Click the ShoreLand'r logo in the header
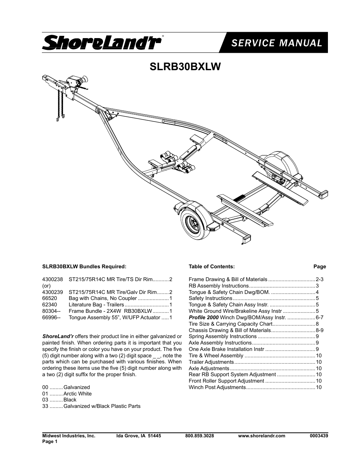coord(102,43)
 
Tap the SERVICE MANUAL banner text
coord(277,43)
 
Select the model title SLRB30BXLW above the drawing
coord(185,66)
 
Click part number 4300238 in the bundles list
coord(52,279)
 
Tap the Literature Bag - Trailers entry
coord(96,305)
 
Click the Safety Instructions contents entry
coord(210,298)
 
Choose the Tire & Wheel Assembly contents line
coord(216,355)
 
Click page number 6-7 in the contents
coord(319,317)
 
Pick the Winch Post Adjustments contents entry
coord(217,387)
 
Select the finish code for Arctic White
coord(45,394)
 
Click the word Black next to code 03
coord(70,400)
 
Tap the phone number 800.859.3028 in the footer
coord(199,435)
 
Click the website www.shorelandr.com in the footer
coord(262,435)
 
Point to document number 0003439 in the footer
coord(319,435)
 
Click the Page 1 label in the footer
coord(50,441)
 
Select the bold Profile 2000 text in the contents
coord(204,317)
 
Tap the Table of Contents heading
coord(212,266)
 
